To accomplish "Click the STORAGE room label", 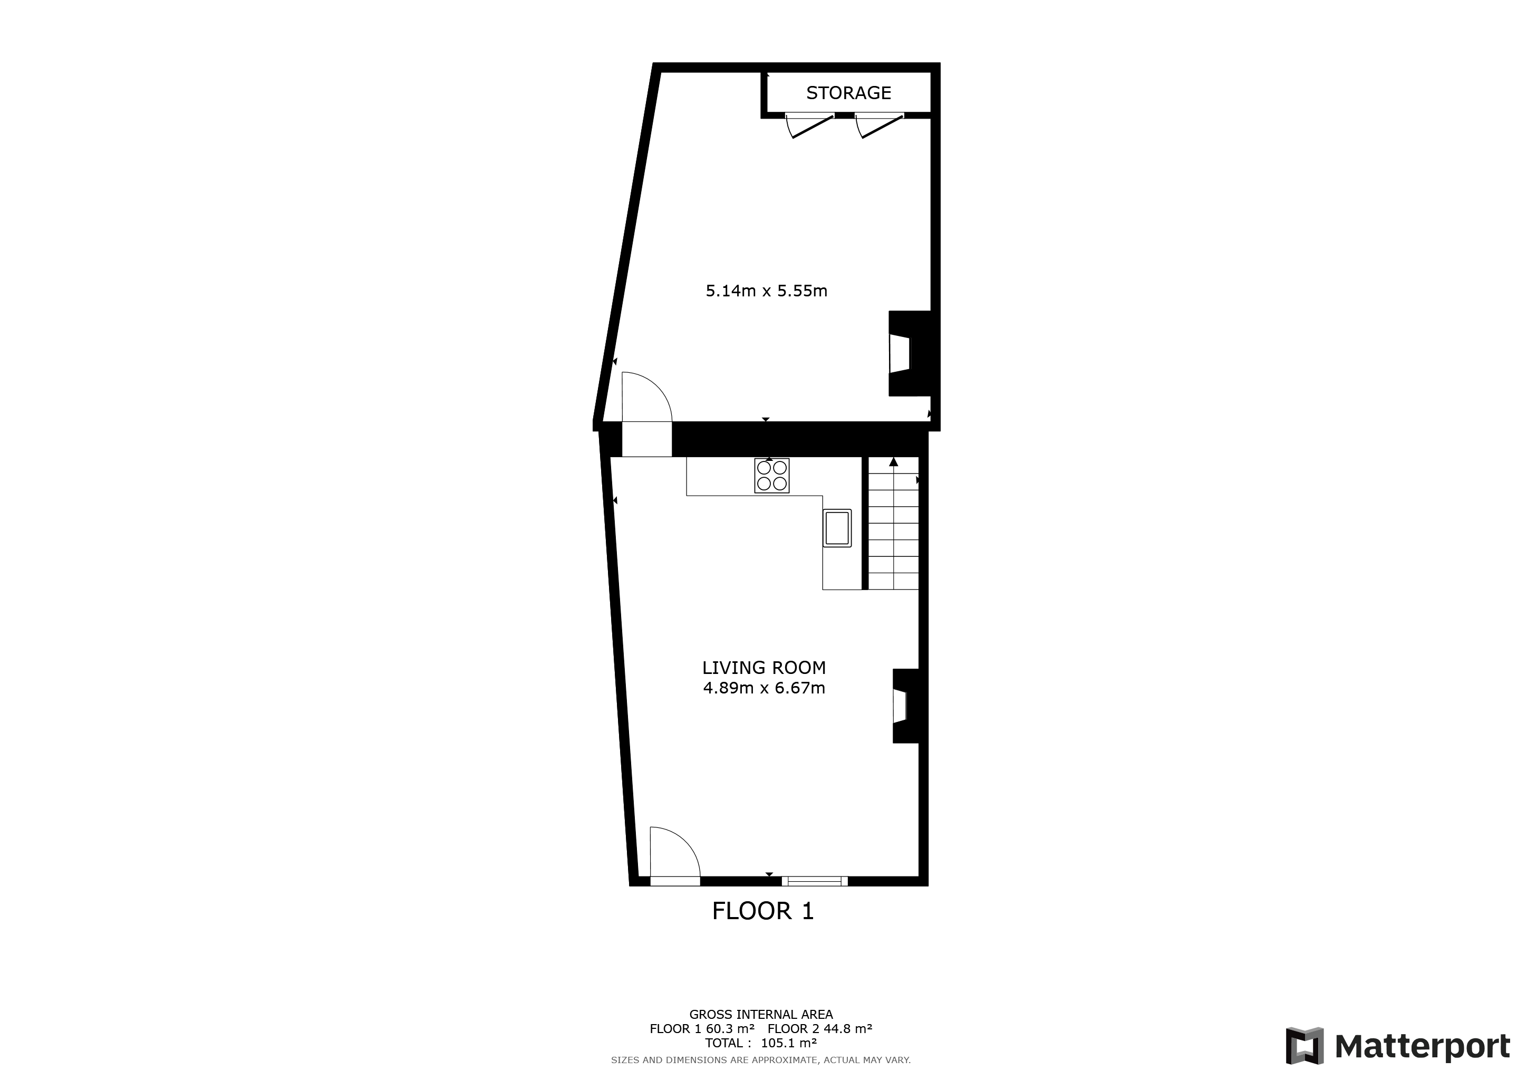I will click(x=848, y=93).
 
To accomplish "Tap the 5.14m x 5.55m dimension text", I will click(x=766, y=291).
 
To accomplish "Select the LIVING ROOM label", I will click(x=763, y=668).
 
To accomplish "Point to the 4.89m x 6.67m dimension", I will click(x=763, y=688).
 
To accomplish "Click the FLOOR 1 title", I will click(x=763, y=911).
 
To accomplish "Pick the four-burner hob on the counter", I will click(x=771, y=476).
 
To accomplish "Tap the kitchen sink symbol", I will click(x=837, y=528).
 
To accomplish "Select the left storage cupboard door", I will click(x=809, y=125).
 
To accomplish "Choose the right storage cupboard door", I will click(x=879, y=125).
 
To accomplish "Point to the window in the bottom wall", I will click(x=815, y=881).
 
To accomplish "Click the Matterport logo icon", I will click(x=1304, y=1046).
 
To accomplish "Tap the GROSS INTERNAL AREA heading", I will click(x=761, y=1015).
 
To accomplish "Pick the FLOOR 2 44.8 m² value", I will click(x=819, y=1029).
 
